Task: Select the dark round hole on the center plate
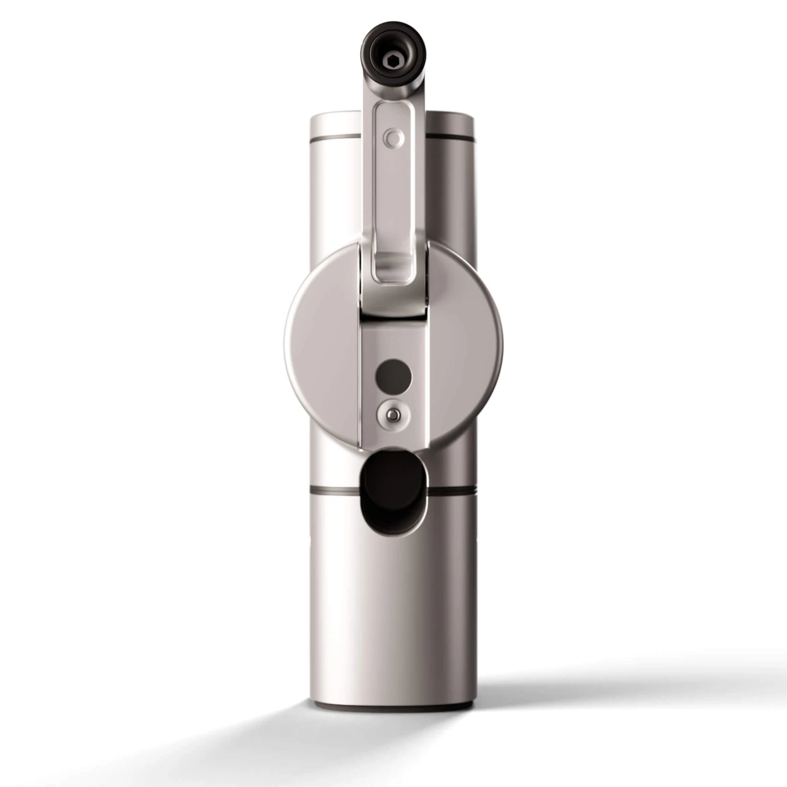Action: pos(393,376)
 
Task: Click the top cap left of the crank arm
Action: pos(336,123)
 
